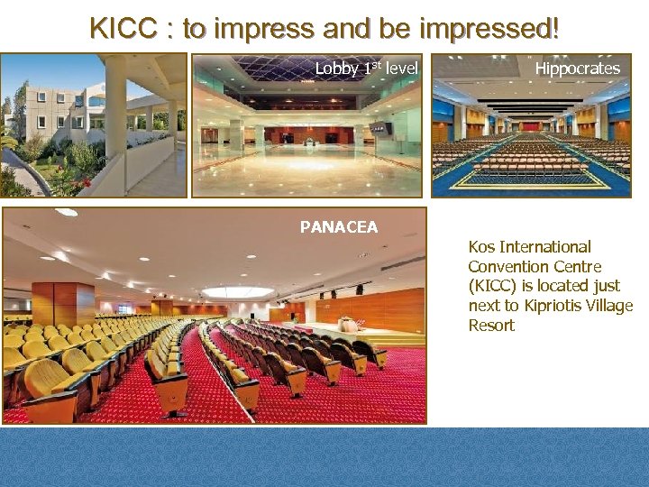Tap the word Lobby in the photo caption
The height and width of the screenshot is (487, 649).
tap(336, 69)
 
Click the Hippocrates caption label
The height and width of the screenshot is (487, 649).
tap(577, 69)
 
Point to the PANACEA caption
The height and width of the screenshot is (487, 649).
tap(339, 227)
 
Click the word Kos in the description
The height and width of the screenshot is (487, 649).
tap(481, 247)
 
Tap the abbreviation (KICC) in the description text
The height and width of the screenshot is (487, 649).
tap(494, 287)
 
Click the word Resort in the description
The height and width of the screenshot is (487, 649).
tap(491, 326)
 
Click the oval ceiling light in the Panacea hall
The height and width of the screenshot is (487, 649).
tap(237, 291)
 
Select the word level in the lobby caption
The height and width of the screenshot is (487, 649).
tap(402, 69)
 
